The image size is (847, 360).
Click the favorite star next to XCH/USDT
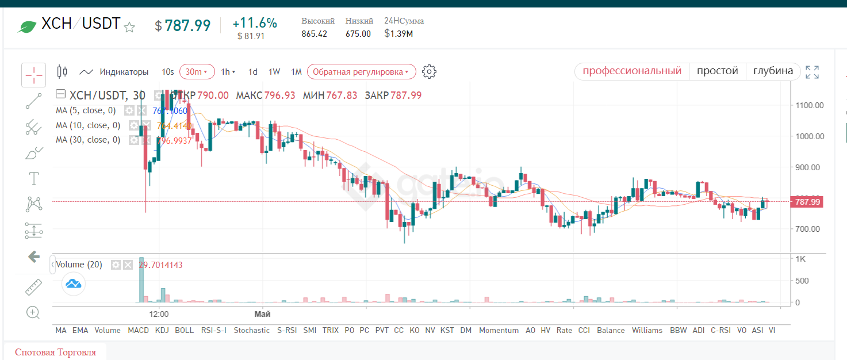(x=130, y=26)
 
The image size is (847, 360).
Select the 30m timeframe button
(x=197, y=72)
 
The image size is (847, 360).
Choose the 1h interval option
(x=228, y=72)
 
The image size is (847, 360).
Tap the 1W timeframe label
(x=274, y=72)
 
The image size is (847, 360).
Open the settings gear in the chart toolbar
(x=429, y=72)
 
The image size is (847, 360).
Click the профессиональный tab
(x=632, y=71)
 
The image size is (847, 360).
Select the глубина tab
(x=773, y=71)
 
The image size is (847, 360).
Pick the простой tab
(x=717, y=71)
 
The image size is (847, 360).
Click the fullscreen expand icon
(x=812, y=72)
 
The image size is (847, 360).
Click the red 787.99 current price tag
(x=807, y=202)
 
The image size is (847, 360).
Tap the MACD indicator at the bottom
(x=138, y=330)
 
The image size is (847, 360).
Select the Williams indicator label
(x=647, y=330)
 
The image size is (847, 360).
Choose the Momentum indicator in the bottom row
(x=499, y=330)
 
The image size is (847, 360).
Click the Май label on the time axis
(x=262, y=315)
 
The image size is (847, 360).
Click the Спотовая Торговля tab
(x=55, y=353)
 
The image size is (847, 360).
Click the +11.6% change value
(x=255, y=24)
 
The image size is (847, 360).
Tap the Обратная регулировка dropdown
(x=361, y=72)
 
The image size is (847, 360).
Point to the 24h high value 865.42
(x=314, y=34)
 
